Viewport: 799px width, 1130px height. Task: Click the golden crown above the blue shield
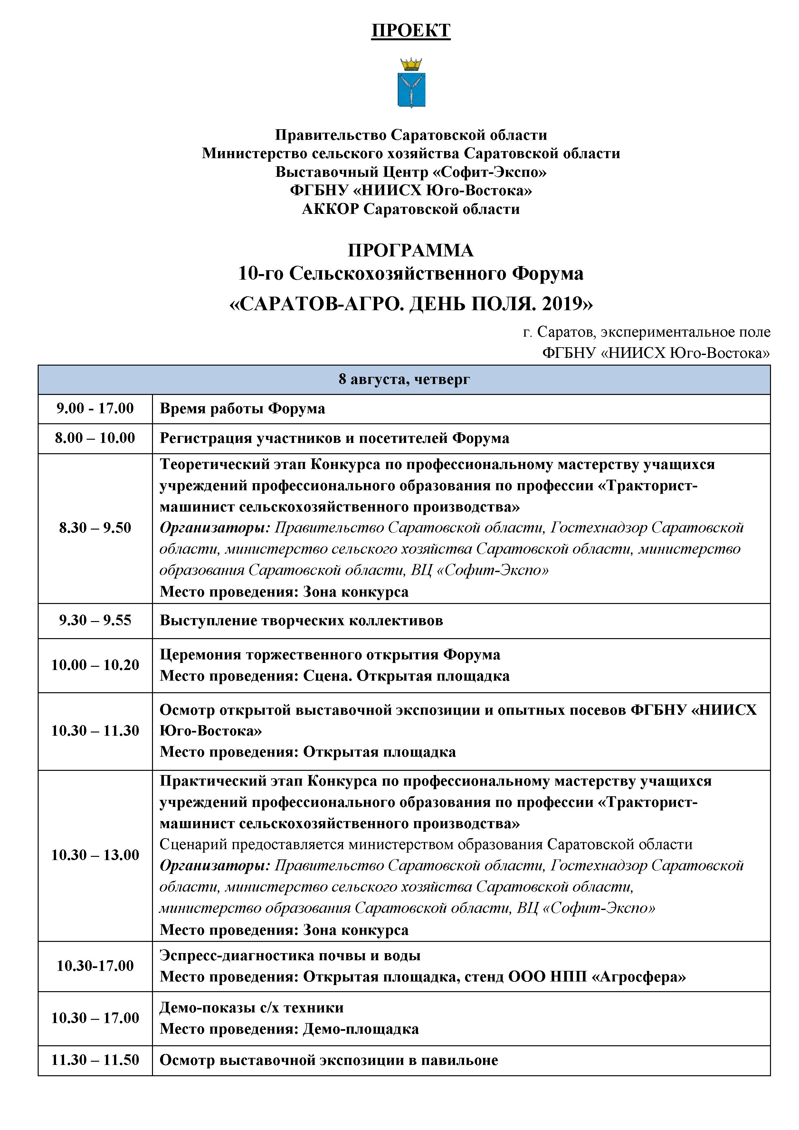click(411, 64)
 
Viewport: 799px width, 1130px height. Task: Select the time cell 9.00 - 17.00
click(95, 408)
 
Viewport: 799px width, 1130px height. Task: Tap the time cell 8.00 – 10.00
click(95, 438)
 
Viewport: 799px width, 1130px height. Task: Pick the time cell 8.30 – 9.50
click(95, 528)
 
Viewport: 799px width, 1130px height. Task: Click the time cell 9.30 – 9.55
click(95, 620)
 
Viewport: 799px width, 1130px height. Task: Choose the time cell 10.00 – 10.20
click(95, 665)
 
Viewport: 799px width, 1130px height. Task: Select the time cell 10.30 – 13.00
click(95, 855)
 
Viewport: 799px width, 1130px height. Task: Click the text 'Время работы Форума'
click(242, 408)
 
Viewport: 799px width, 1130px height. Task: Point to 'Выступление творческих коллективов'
click(301, 620)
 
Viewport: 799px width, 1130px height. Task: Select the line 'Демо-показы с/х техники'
click(252, 1008)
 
